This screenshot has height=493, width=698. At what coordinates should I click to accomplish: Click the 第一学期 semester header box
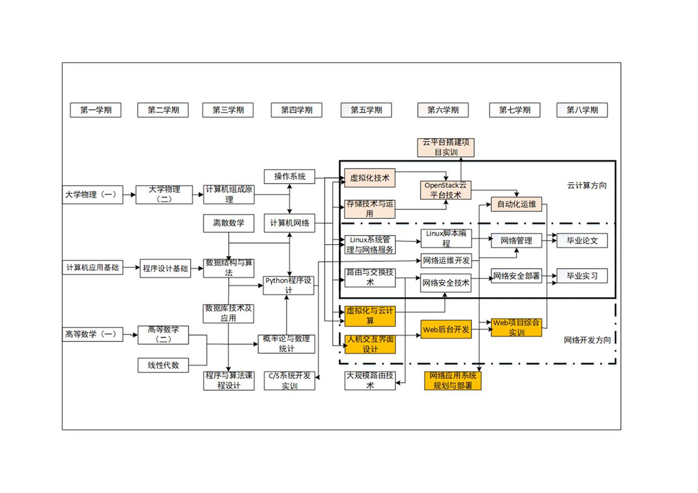[95, 110]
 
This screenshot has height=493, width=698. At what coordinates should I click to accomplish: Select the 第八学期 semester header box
[582, 110]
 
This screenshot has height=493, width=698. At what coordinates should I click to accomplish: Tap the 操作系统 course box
[289, 177]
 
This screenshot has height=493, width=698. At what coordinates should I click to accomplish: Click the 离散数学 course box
[228, 223]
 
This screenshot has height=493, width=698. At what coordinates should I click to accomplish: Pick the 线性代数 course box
[163, 365]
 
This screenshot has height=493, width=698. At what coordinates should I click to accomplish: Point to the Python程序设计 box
[289, 285]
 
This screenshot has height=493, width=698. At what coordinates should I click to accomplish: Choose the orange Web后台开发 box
[445, 329]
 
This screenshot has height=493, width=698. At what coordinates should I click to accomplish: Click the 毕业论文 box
[582, 240]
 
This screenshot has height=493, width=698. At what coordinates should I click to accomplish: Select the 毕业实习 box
[582, 275]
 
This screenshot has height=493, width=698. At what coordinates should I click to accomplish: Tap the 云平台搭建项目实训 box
[445, 147]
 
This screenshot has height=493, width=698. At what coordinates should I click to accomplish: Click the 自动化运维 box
[516, 204]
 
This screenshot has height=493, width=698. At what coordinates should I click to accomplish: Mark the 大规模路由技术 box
[370, 380]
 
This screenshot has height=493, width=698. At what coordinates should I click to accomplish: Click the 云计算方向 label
[586, 185]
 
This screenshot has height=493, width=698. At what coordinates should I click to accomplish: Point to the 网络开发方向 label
[587, 340]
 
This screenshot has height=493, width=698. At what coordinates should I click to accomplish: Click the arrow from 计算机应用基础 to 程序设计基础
[131, 268]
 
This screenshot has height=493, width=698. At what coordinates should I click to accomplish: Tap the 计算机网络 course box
[289, 223]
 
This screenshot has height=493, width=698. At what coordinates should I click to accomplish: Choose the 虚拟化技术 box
[370, 178]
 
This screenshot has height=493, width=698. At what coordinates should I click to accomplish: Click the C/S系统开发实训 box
[289, 380]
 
